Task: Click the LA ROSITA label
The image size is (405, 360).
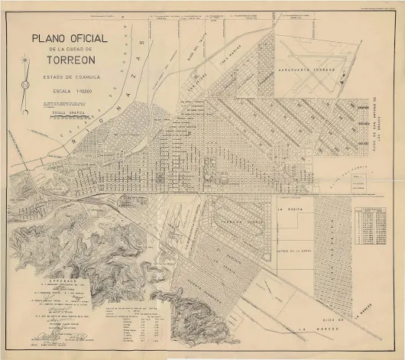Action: [x=290, y=207]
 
